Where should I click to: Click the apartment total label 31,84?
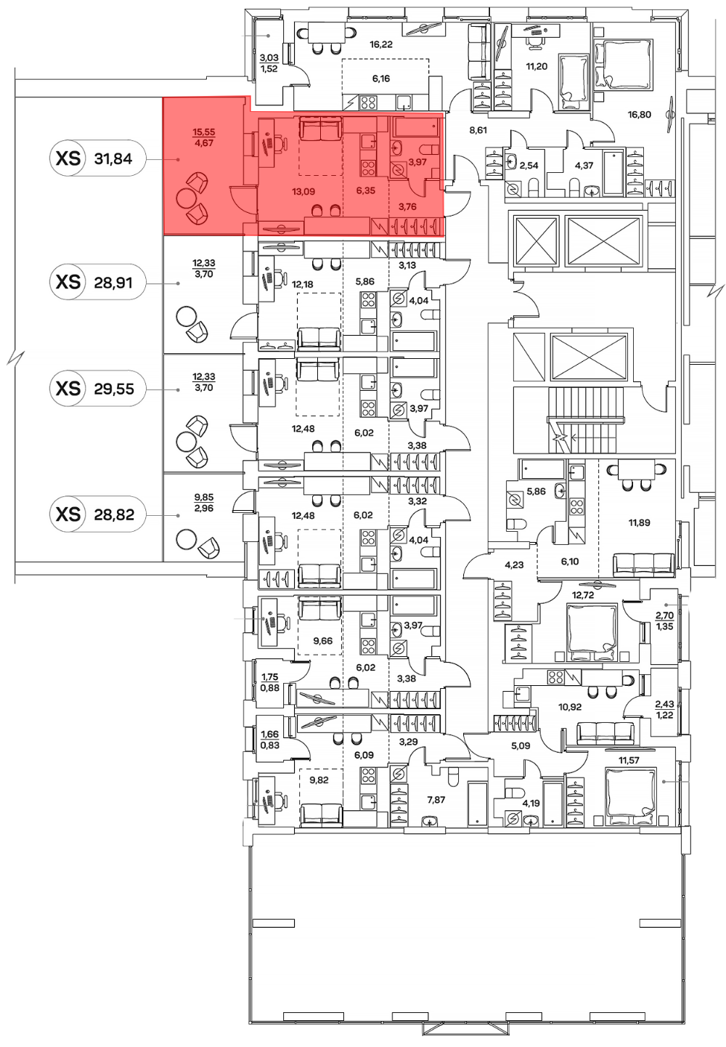113,159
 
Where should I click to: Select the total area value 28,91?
113,283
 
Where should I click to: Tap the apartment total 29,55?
113,389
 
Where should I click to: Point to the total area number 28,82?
113,514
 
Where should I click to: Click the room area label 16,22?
380,45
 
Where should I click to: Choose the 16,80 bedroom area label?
639,115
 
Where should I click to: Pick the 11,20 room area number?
536,66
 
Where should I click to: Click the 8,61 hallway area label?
478,130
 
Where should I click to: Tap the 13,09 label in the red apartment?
303,191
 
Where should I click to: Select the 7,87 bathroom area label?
436,800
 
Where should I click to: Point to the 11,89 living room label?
639,522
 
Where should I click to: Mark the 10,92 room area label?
569,707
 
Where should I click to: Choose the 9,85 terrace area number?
204,498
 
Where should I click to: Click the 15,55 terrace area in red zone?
204,132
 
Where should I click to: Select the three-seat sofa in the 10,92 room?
605,733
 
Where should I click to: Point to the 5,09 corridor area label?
521,746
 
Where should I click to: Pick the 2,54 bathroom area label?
529,166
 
